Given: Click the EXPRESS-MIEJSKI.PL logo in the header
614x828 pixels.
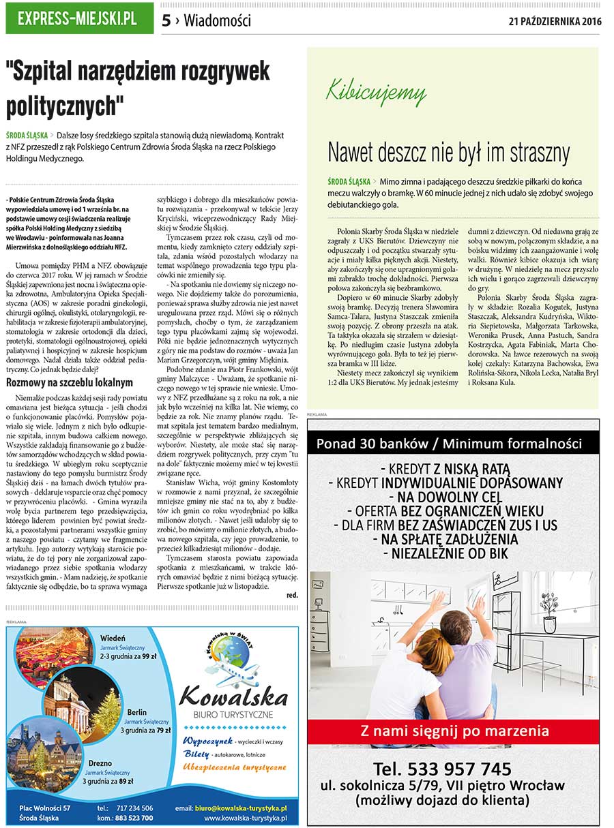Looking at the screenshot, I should pyautogui.click(x=78, y=19).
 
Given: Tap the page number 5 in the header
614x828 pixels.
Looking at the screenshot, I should pyautogui.click(x=166, y=21).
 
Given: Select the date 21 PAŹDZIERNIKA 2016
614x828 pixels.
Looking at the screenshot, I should pyautogui.click(x=555, y=21).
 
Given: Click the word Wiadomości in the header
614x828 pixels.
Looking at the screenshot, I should pyautogui.click(x=217, y=21).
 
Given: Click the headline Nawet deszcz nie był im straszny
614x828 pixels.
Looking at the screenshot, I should pyautogui.click(x=449, y=151).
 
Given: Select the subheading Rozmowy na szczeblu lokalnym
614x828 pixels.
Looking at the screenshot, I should pyautogui.click(x=70, y=382).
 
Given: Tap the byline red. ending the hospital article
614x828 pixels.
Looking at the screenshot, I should pyautogui.click(x=292, y=595).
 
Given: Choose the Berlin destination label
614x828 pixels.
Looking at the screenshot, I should pyautogui.click(x=136, y=712).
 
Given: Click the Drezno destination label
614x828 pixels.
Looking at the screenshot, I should pyautogui.click(x=100, y=763).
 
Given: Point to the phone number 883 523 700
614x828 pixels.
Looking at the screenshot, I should pyautogui.click(x=134, y=818).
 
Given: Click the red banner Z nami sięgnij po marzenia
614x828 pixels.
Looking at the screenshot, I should pyautogui.click(x=454, y=731).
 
